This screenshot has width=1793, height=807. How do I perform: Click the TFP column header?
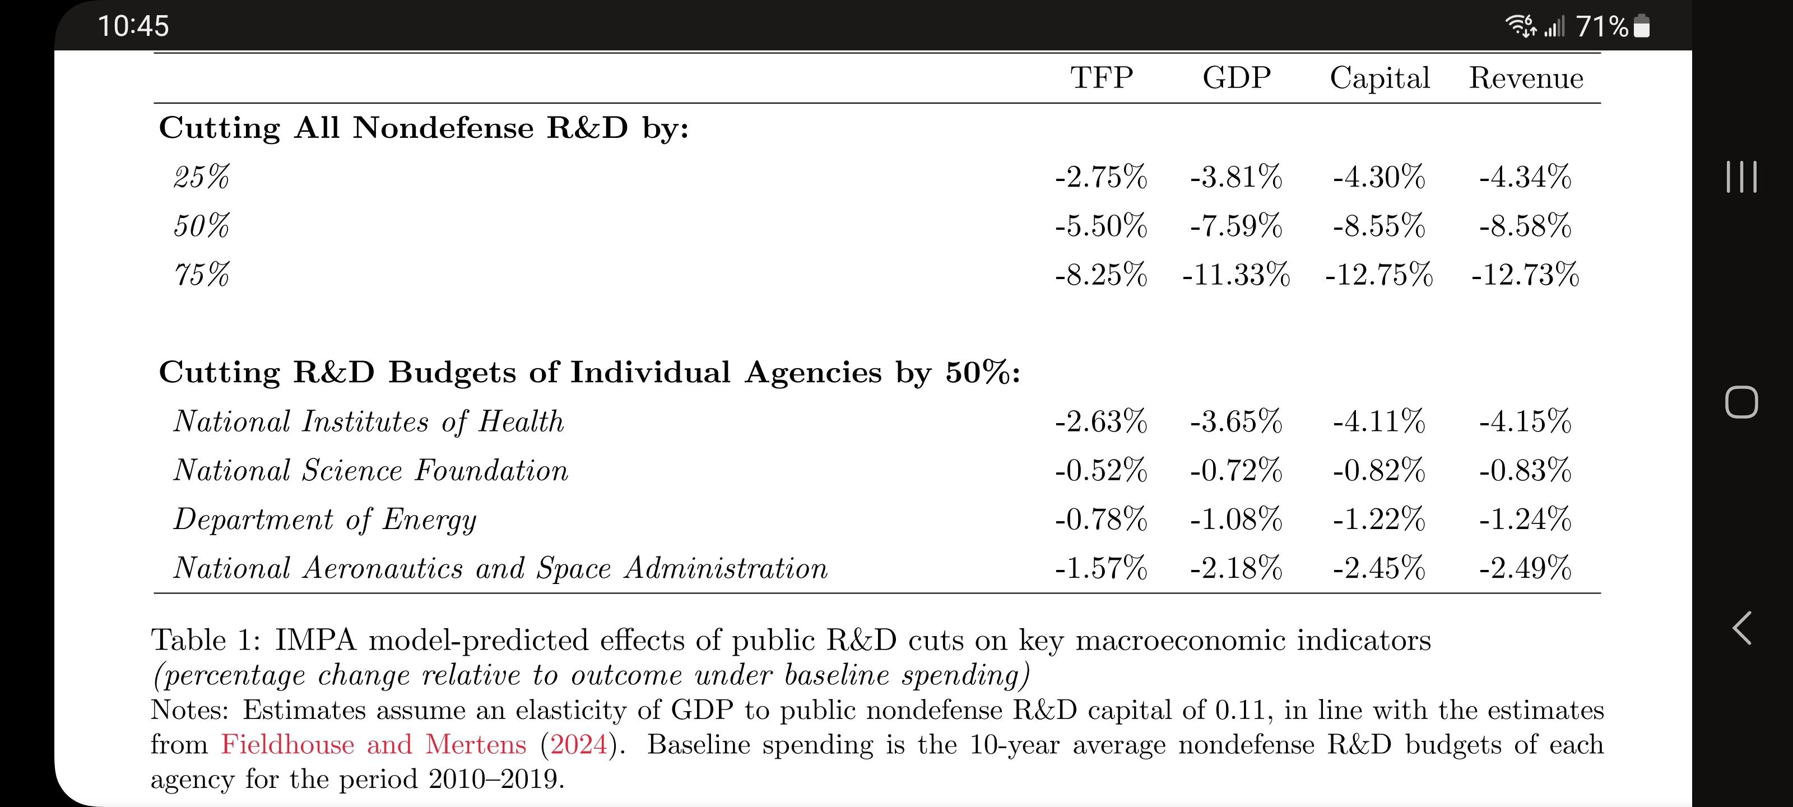pyautogui.click(x=1101, y=77)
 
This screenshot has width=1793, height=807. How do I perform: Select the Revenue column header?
pyautogui.click(x=1526, y=78)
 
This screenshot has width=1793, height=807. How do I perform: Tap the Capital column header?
pyautogui.click(x=1379, y=78)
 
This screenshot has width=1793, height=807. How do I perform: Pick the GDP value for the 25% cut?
pyautogui.click(x=1236, y=177)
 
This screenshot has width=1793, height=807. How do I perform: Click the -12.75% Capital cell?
pyautogui.click(x=1379, y=275)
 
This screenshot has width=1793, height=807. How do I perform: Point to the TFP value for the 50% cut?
pyautogui.click(x=1101, y=226)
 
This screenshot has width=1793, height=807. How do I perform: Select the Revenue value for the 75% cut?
pyautogui.click(x=1525, y=275)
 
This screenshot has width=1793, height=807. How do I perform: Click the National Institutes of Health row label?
pyautogui.click(x=369, y=422)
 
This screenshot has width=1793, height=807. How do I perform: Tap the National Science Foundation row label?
pyautogui.click(x=371, y=471)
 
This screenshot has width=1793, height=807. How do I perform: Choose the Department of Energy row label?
pyautogui.click(x=325, y=520)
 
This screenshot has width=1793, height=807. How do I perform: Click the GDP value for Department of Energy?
pyautogui.click(x=1236, y=520)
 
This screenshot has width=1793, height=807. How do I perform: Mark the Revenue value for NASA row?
pyautogui.click(x=1525, y=568)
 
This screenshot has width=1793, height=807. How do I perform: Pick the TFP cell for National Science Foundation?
pyautogui.click(x=1101, y=471)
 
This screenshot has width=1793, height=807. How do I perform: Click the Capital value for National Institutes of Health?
pyautogui.click(x=1379, y=422)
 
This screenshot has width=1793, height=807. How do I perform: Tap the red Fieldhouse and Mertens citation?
pyautogui.click(x=374, y=744)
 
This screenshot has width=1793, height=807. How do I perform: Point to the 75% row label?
pyautogui.click(x=201, y=275)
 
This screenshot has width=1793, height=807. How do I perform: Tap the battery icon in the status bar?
pyautogui.click(x=1641, y=26)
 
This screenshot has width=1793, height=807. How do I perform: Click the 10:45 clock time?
pyautogui.click(x=133, y=26)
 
